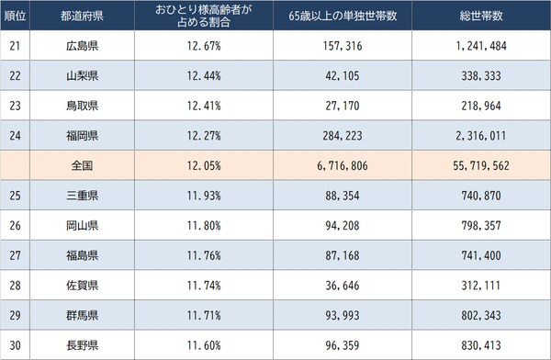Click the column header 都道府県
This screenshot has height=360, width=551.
82,16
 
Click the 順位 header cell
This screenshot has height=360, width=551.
15,16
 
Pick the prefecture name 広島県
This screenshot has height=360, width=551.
82,46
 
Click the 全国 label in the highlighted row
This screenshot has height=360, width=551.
82,167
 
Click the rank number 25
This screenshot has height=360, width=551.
15,197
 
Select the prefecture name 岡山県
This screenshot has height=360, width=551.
82,226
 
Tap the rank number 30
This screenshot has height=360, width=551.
15,346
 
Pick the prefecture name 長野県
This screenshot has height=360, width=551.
82,346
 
